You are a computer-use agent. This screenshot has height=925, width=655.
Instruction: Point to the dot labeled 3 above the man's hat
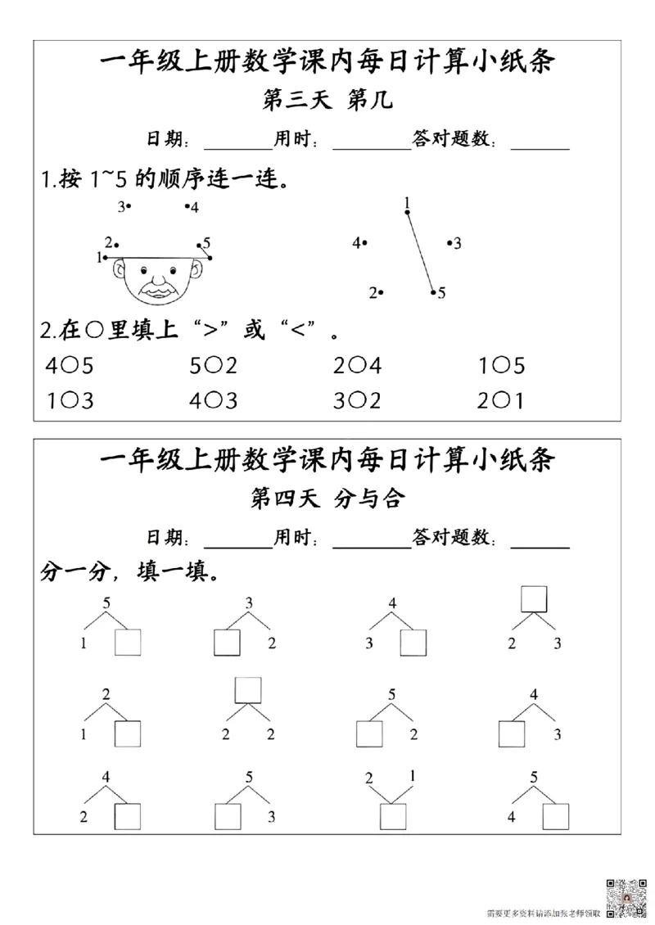point(129,206)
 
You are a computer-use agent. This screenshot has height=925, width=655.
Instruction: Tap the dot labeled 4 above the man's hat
point(187,207)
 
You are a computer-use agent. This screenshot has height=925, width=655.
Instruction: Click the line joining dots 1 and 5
point(420,252)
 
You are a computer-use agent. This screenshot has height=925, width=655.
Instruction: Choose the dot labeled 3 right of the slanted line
point(449,242)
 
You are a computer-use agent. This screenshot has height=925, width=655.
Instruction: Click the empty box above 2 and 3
point(534,598)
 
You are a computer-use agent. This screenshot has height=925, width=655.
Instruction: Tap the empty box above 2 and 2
point(247,689)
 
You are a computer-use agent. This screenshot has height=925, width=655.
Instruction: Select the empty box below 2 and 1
point(393,817)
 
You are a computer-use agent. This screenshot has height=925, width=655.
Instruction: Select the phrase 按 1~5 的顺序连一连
point(164,179)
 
